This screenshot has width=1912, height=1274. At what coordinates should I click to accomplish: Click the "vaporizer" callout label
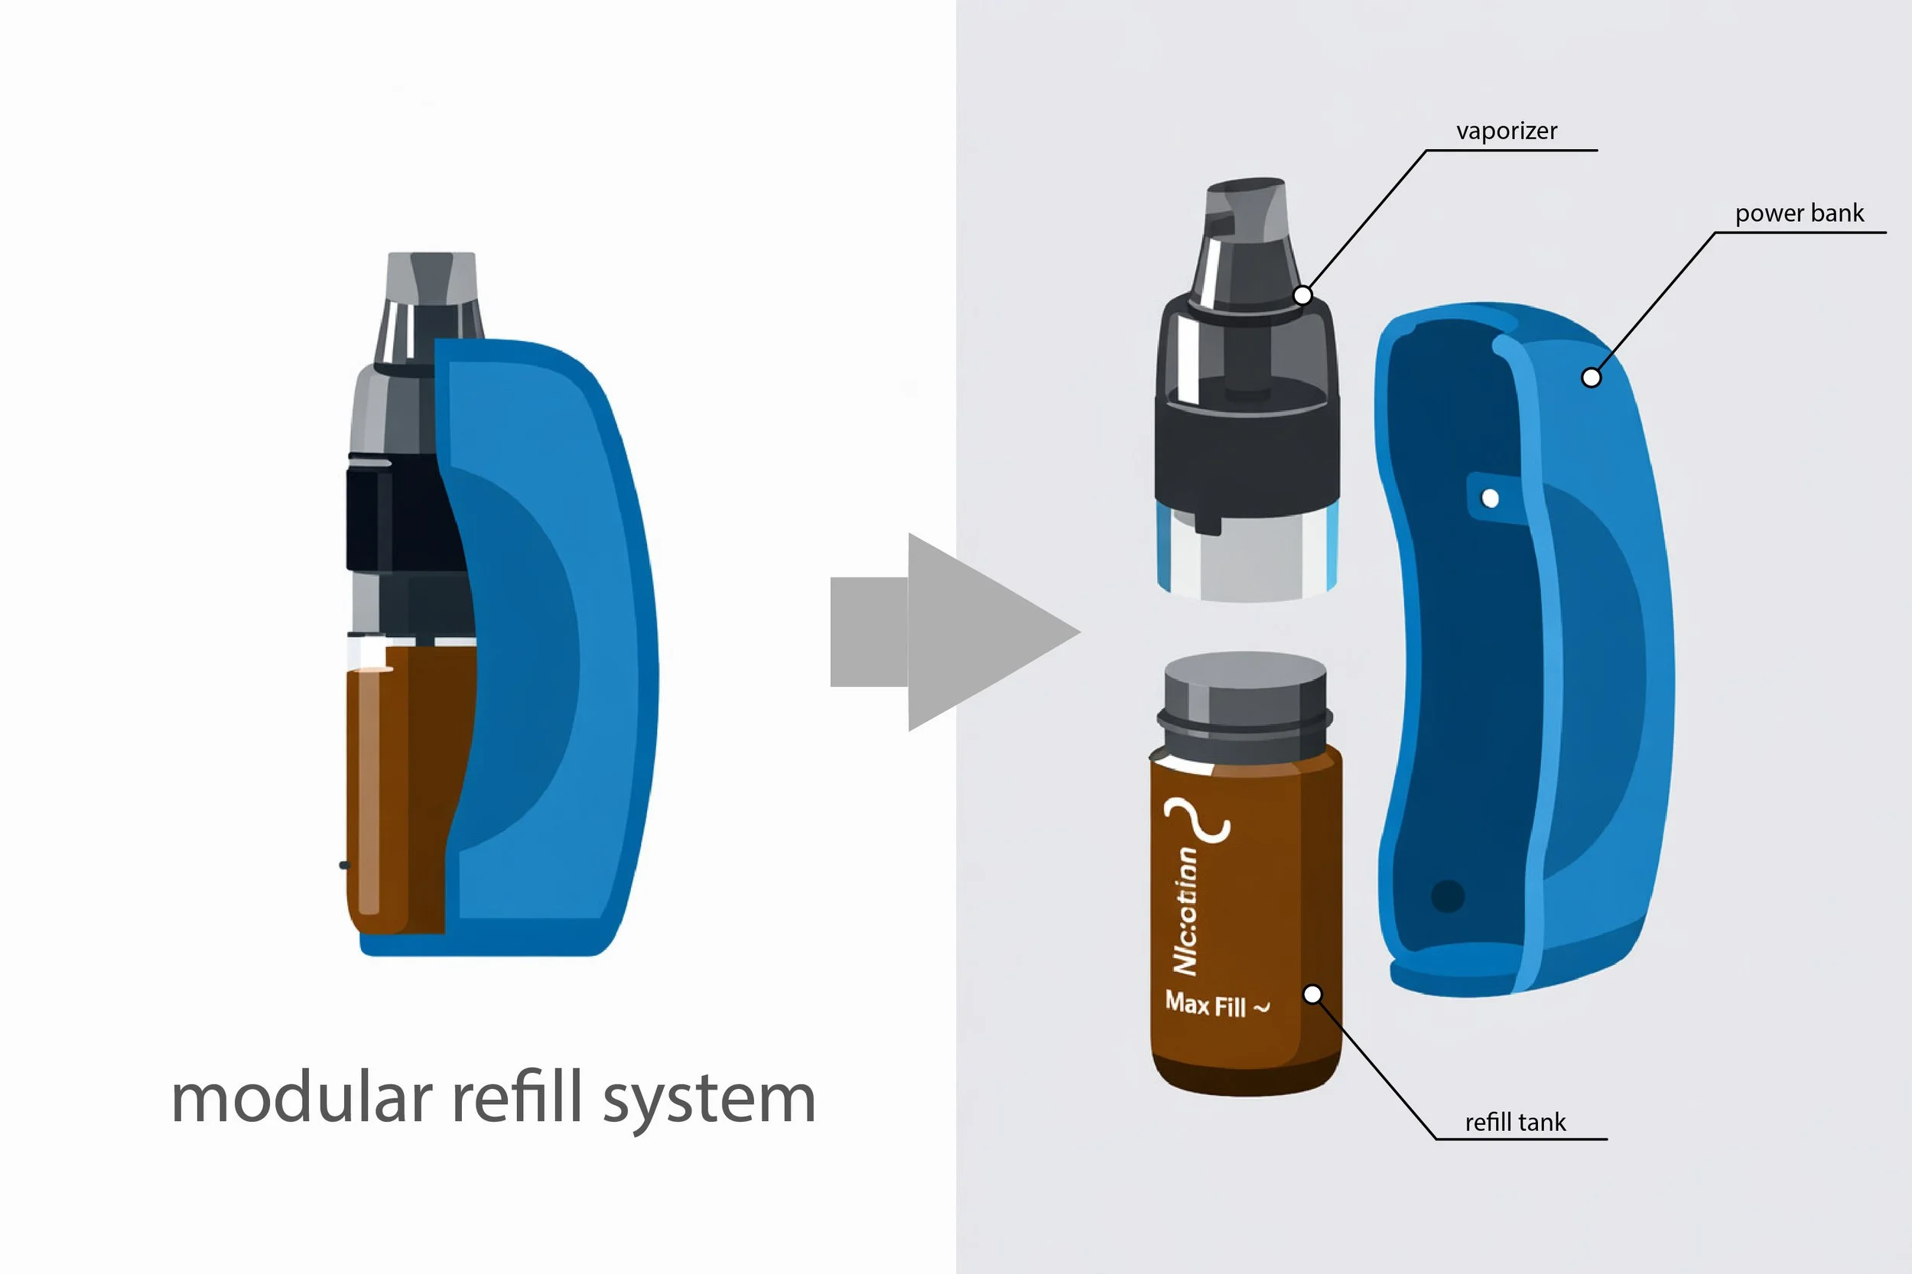[x=1506, y=131]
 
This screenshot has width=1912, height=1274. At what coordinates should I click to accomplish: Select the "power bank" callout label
[x=1799, y=213]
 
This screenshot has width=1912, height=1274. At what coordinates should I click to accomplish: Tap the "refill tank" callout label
[x=1514, y=1122]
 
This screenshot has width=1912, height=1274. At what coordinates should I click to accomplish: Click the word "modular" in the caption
[x=301, y=1097]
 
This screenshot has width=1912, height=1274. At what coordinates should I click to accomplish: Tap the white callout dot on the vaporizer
[x=1302, y=295]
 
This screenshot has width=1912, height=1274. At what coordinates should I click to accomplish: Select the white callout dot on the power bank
[x=1591, y=377]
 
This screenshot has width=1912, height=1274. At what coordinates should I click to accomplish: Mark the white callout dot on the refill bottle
[x=1312, y=993]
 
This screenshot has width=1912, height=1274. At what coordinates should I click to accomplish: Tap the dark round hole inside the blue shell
[x=1447, y=896]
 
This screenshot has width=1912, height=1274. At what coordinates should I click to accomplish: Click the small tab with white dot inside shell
[x=1491, y=497]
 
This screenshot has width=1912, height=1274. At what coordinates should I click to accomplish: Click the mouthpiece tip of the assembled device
[x=431, y=276]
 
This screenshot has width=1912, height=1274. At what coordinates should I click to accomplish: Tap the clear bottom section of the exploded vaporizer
[x=1247, y=561]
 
